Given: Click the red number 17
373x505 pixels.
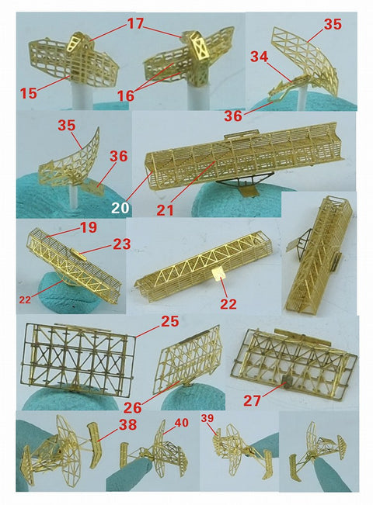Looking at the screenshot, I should click(x=135, y=24).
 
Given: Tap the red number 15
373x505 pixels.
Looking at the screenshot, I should click(x=29, y=93).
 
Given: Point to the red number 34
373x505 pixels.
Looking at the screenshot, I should click(x=259, y=56).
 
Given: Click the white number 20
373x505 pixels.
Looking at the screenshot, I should click(x=120, y=208).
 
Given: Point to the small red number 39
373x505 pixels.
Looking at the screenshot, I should click(x=207, y=418).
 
